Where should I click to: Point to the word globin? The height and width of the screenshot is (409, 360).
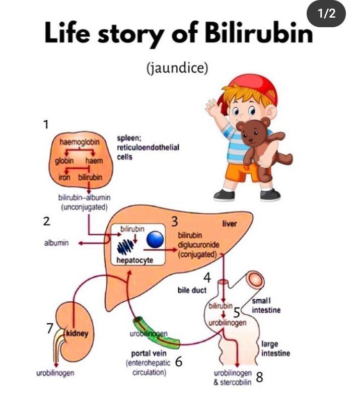tap(64, 161)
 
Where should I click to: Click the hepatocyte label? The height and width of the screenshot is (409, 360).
tap(134, 260)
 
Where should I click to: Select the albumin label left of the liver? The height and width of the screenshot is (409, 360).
tap(55, 243)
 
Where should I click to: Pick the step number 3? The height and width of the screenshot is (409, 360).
tap(175, 222)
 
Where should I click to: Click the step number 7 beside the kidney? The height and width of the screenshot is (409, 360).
tap(49, 328)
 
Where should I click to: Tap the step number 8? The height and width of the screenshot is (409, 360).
tap(259, 377)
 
